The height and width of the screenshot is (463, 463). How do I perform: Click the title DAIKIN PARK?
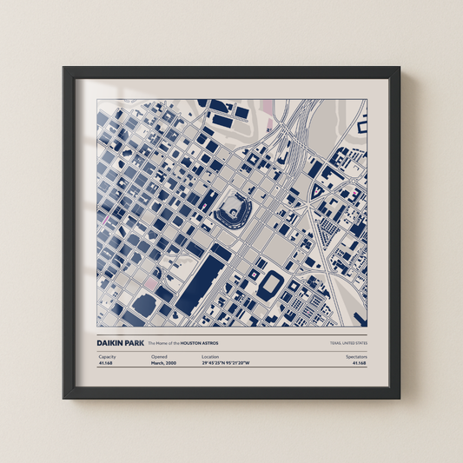[121, 343]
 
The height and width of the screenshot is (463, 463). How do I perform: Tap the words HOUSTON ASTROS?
[200, 343]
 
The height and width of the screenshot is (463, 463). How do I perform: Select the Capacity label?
[108, 357]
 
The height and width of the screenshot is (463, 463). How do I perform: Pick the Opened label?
[159, 357]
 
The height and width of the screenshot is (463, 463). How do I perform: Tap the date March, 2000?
[164, 364]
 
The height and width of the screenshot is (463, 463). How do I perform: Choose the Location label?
[210, 357]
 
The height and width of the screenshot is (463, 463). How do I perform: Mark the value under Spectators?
[359, 364]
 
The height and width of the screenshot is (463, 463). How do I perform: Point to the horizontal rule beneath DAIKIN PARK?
[231, 350]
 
